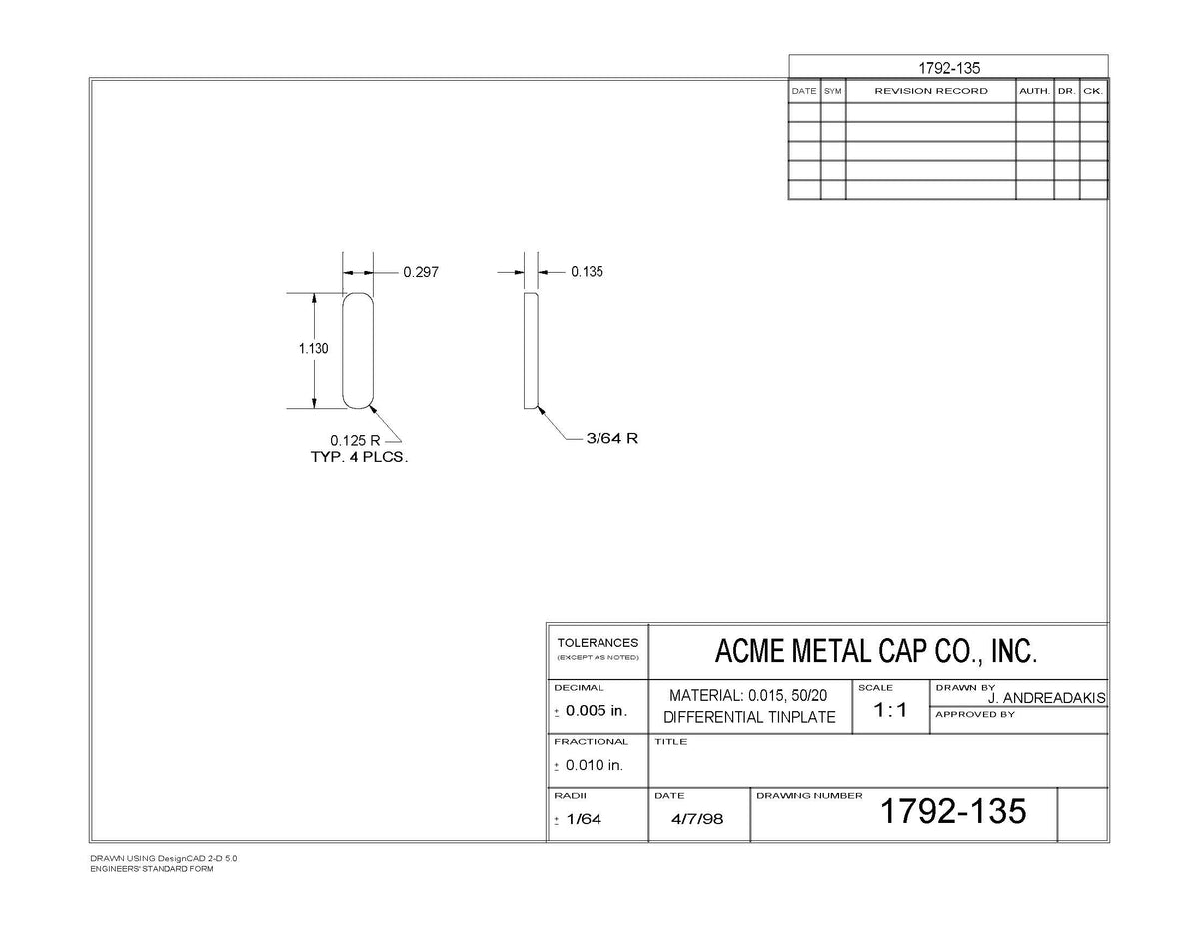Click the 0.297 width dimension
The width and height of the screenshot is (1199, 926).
(x=421, y=272)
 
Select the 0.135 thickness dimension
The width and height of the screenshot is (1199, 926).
(x=587, y=272)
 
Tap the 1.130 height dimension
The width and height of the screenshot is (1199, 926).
(x=313, y=348)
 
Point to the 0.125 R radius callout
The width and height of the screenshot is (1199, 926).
(x=355, y=441)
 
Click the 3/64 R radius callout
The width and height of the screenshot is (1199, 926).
(x=611, y=438)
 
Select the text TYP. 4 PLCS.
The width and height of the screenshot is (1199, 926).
(x=359, y=457)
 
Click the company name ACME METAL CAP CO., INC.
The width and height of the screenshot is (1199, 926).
(x=876, y=651)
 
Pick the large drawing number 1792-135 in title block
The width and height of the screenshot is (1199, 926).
(x=953, y=811)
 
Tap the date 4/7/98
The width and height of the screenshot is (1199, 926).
(x=696, y=819)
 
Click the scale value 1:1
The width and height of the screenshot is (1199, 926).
(x=890, y=710)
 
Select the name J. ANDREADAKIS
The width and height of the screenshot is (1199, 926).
(x=1047, y=699)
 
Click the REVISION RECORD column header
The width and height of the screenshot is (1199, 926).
(x=931, y=91)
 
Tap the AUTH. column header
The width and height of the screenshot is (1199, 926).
(x=1034, y=91)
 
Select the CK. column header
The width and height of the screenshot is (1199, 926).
(x=1093, y=91)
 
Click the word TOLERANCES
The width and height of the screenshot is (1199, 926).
(x=598, y=643)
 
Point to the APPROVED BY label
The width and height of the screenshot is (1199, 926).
(x=975, y=715)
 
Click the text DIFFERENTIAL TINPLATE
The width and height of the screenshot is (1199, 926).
(x=749, y=717)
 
